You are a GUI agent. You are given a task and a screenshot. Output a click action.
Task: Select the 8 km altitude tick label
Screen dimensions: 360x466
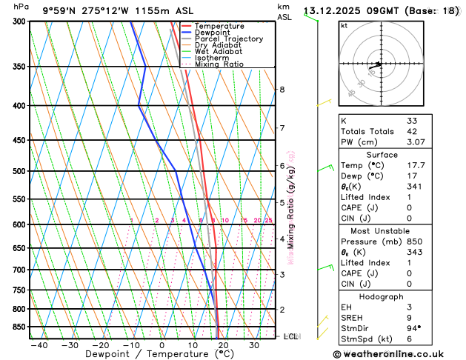click(x=282, y=90)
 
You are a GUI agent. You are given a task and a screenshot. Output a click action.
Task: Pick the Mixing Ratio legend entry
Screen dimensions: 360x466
click(x=218, y=64)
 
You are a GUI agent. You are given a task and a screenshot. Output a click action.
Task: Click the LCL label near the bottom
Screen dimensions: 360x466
click(x=291, y=336)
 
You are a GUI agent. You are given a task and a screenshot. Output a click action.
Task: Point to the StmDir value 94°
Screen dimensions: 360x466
click(x=413, y=329)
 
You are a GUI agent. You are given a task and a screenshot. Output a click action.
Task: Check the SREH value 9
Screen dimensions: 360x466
click(x=409, y=318)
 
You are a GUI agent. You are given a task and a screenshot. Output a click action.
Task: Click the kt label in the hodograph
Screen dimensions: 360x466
click(x=344, y=25)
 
